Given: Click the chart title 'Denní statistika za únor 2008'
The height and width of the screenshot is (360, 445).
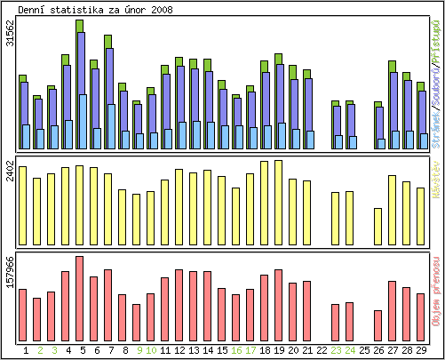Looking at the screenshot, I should [x=96, y=10].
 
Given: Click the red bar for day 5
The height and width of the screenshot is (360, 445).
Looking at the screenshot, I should [x=80, y=292].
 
